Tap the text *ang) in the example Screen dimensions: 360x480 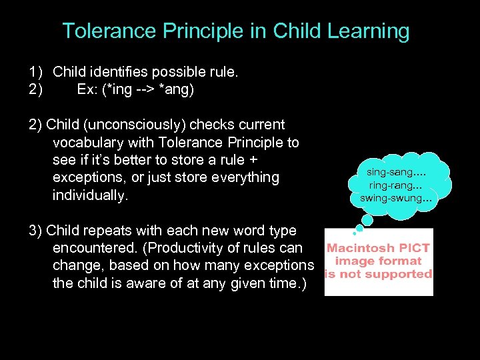[x=178, y=89]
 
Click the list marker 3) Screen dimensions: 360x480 [x=36, y=231]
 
